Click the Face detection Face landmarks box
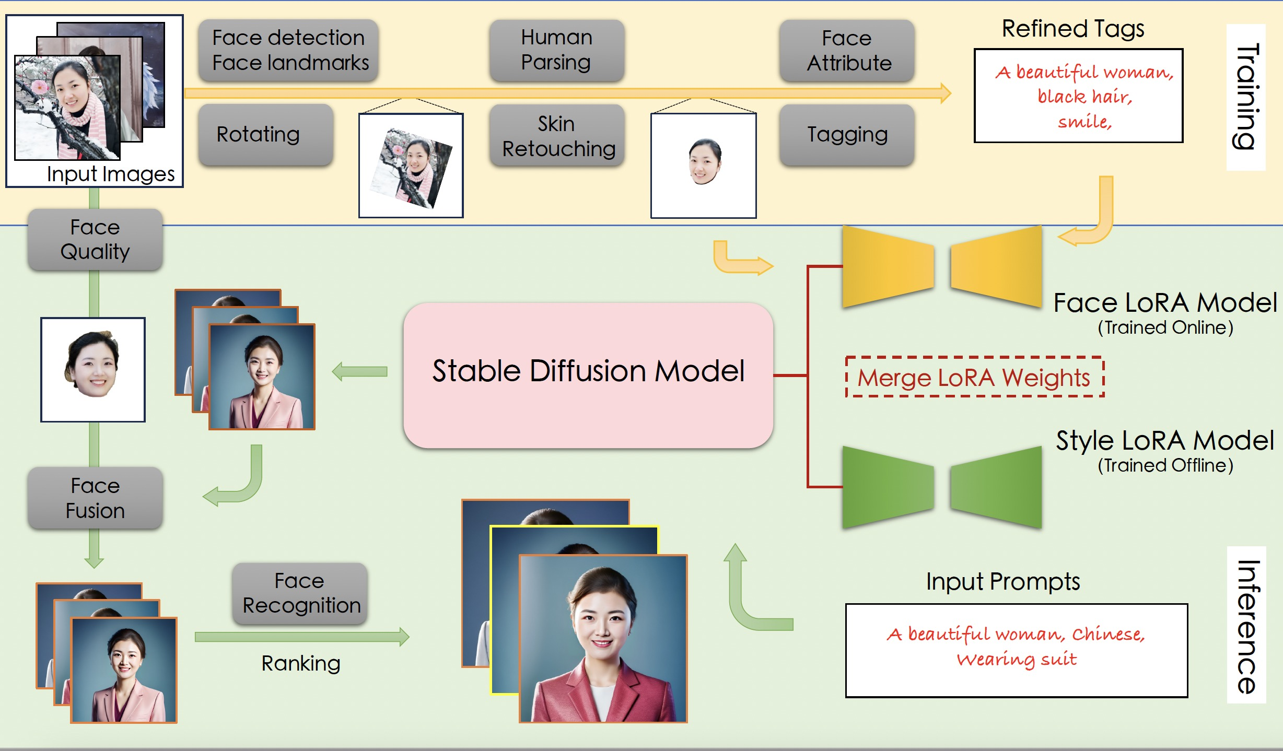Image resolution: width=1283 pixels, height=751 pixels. tap(288, 50)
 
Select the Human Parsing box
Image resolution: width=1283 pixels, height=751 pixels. tap(556, 50)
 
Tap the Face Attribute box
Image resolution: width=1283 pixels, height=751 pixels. tap(847, 50)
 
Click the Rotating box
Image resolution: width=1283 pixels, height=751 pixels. tap(265, 134)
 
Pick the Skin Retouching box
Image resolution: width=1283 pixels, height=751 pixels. tap(557, 136)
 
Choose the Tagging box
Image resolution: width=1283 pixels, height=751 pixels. tap(847, 135)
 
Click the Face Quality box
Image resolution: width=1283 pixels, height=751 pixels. tap(95, 240)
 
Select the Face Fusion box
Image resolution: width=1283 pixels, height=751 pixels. tap(95, 498)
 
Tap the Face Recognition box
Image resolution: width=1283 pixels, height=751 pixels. tap(300, 593)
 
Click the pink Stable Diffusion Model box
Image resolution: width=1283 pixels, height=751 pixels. tap(588, 375)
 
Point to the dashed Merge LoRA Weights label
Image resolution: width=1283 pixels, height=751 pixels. tap(974, 377)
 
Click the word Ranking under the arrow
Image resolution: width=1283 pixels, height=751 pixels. tap(301, 663)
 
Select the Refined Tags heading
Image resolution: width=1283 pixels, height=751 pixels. tap(1072, 29)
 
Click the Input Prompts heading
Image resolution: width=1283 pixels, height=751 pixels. tap(1002, 581)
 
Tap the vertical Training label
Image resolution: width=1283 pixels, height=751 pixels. tap(1246, 97)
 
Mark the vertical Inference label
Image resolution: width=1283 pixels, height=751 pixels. tap(1247, 626)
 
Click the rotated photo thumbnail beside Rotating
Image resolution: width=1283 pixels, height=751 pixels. tap(411, 166)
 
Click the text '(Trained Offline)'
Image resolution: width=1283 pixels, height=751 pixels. tap(1165, 465)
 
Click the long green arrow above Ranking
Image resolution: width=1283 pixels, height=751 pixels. tap(301, 637)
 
